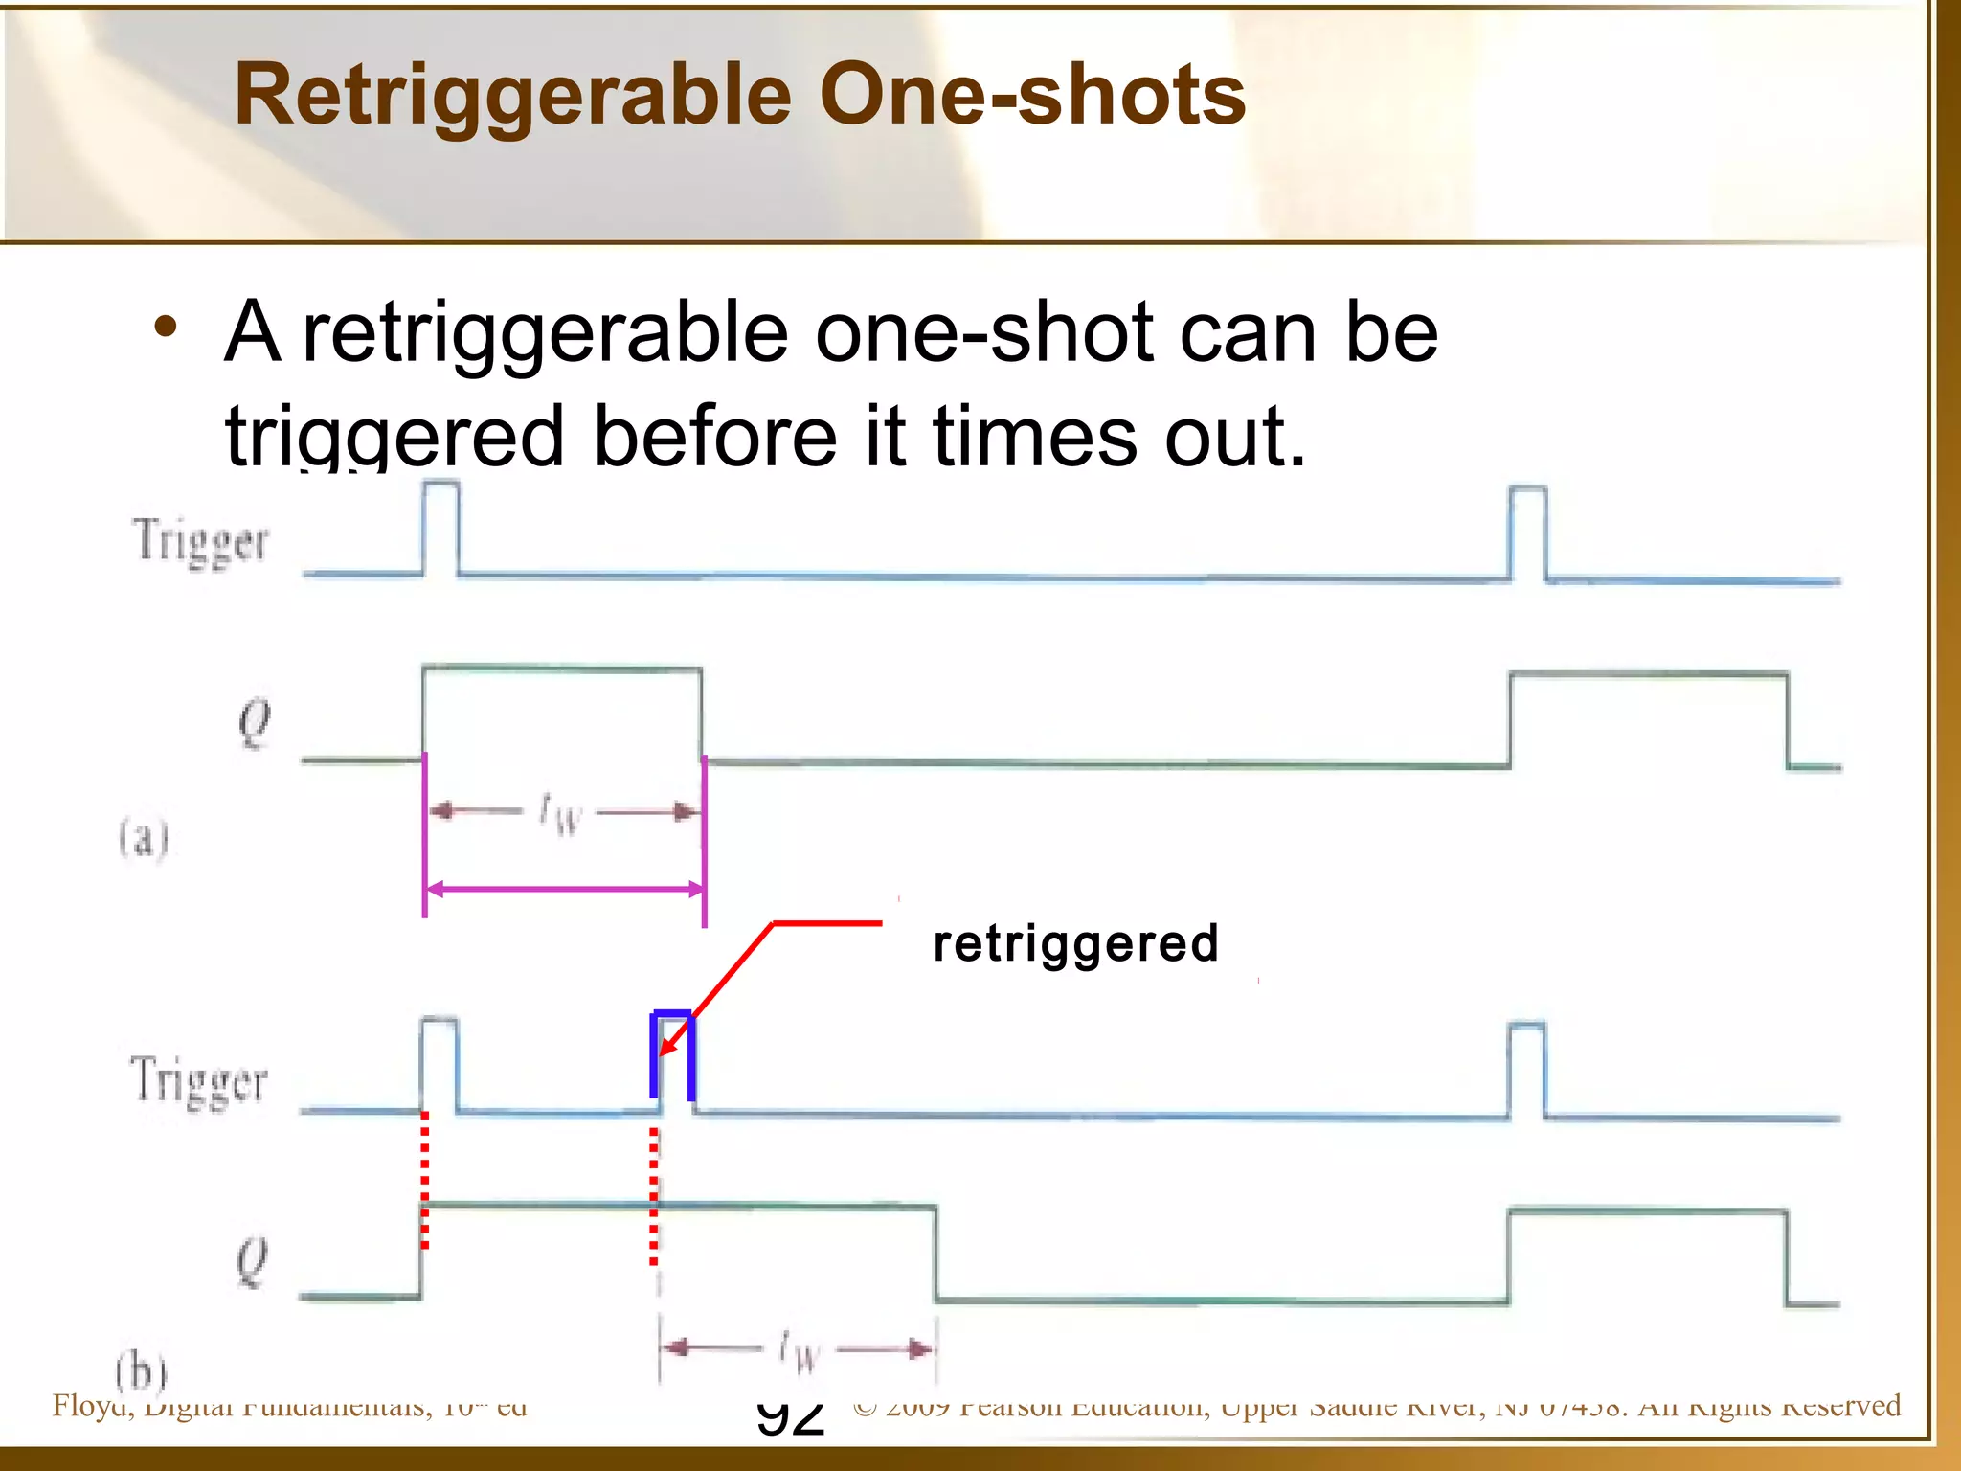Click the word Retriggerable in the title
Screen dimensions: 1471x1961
(512, 96)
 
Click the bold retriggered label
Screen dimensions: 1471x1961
(1075, 944)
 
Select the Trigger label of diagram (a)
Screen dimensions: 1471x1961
(200, 542)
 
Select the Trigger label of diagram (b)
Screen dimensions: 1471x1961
(198, 1081)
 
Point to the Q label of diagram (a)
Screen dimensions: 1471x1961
(254, 723)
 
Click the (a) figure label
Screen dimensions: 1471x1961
(144, 839)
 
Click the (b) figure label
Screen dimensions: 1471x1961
(141, 1371)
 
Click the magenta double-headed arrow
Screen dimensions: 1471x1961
(565, 890)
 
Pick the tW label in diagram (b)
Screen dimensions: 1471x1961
(800, 1351)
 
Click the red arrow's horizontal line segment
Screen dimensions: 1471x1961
(827, 923)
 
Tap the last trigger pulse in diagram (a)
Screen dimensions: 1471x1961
(1528, 532)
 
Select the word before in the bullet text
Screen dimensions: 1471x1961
(714, 437)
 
